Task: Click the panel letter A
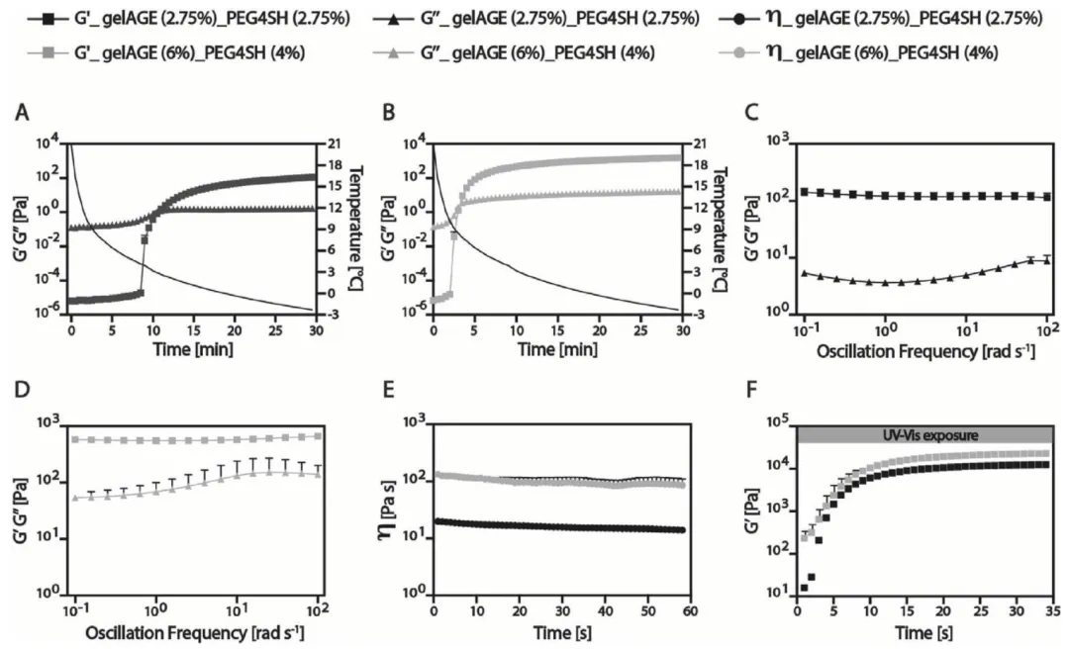(20, 114)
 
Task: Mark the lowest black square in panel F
(804, 588)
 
